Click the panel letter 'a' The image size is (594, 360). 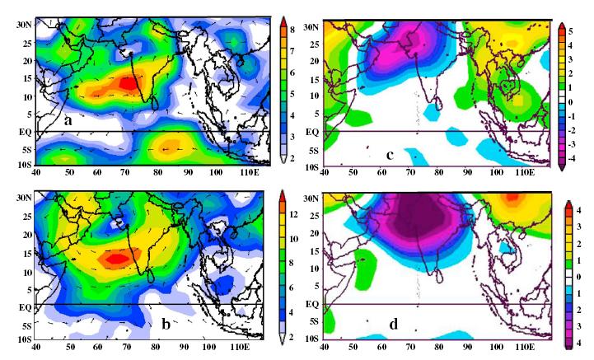pyautogui.click(x=68, y=121)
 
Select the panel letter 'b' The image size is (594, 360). pyautogui.click(x=166, y=324)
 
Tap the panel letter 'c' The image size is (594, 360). pyautogui.click(x=390, y=155)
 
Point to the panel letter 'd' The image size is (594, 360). pyautogui.click(x=394, y=324)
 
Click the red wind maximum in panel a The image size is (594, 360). pyautogui.click(x=128, y=83)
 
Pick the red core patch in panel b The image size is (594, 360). pyautogui.click(x=118, y=259)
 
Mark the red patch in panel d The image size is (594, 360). pyautogui.click(x=512, y=197)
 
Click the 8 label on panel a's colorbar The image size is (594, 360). pyautogui.click(x=292, y=30)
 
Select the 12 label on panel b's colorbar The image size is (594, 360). pyautogui.click(x=293, y=214)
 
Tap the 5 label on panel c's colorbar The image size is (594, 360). pyautogui.click(x=570, y=31)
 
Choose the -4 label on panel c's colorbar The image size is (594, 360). pyautogui.click(x=571, y=158)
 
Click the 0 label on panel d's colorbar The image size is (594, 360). pyautogui.click(x=578, y=277)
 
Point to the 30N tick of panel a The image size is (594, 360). pyautogui.click(x=25, y=25)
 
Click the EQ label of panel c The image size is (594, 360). pyautogui.click(x=312, y=133)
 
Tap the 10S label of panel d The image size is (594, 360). pyautogui.click(x=311, y=339)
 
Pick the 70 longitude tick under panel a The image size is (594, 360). pyautogui.click(x=125, y=172)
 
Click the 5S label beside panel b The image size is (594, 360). pyautogui.click(x=26, y=326)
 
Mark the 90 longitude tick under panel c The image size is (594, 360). pyautogui.click(x=467, y=172)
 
